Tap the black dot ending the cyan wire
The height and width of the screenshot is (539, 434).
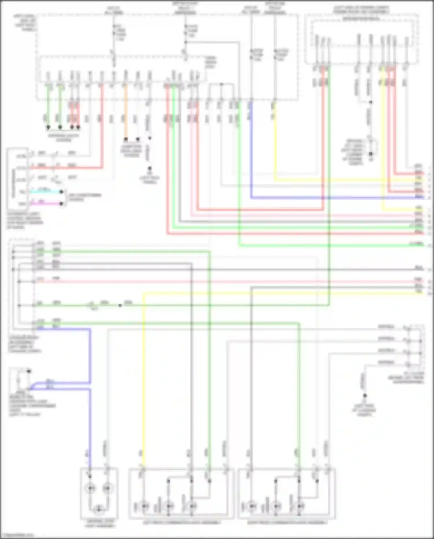[61, 192]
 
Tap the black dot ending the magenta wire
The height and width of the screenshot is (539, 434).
[61, 204]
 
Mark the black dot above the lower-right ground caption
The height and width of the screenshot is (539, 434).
[365, 396]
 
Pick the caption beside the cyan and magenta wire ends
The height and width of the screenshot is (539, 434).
[85, 197]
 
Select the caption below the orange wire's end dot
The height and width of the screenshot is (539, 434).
[131, 151]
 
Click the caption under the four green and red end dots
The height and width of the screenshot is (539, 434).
[63, 138]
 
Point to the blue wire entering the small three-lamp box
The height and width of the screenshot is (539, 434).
[90, 434]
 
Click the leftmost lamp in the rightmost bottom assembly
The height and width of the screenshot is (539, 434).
[252, 506]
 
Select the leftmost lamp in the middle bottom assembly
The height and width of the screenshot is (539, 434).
[144, 506]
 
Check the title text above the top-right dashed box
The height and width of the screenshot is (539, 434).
[361, 10]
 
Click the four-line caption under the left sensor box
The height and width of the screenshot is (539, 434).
[25, 221]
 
